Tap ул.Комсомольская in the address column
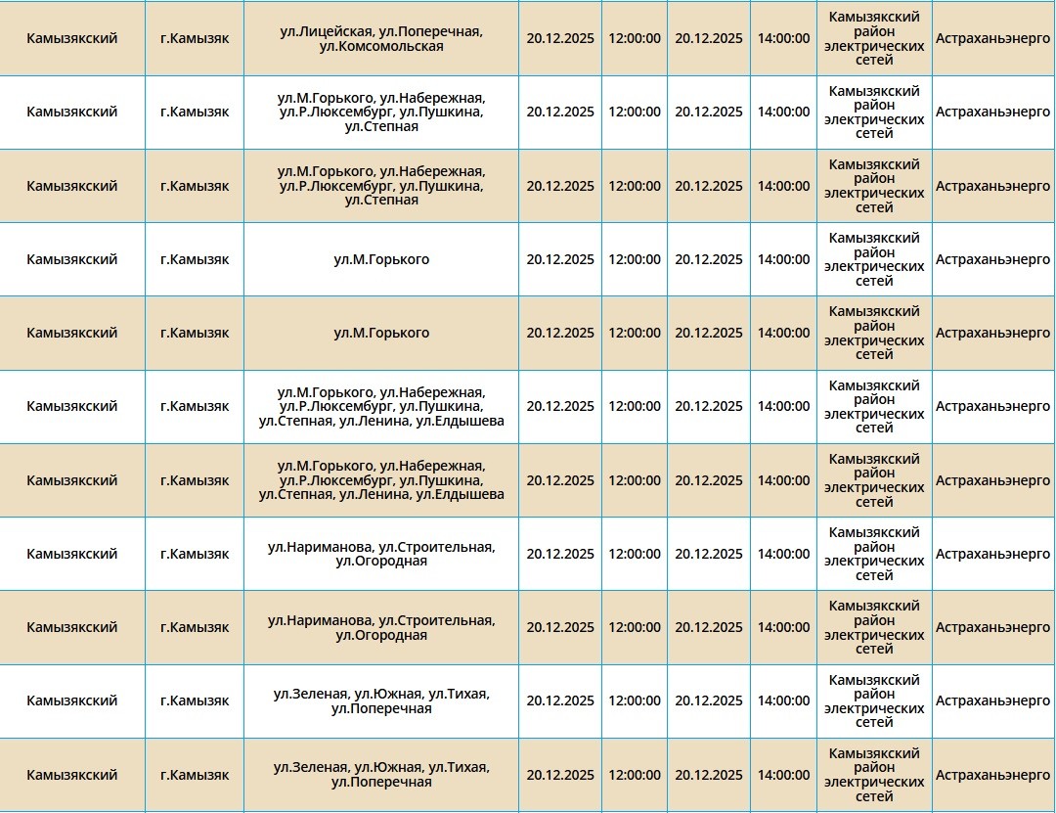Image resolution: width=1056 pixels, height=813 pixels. click(x=381, y=46)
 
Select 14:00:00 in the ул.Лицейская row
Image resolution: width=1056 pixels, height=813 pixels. click(x=783, y=39)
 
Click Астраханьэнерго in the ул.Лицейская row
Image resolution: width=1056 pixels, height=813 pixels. click(x=992, y=39)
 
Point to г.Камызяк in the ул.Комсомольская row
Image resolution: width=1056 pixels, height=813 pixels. click(x=195, y=39)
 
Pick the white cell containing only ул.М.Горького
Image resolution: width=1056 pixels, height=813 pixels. click(x=381, y=259)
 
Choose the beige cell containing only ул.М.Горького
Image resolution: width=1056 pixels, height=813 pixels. click(x=381, y=334)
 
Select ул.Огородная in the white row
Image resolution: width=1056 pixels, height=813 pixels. click(x=381, y=562)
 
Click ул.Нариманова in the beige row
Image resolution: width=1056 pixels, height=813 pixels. click(x=320, y=621)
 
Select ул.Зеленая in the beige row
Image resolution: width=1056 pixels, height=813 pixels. click(x=310, y=768)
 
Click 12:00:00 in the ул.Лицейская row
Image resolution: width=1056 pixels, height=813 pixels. click(x=635, y=39)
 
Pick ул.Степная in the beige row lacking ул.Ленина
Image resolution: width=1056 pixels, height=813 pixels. click(x=381, y=201)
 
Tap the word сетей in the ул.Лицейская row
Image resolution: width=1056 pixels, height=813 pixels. click(x=874, y=61)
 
